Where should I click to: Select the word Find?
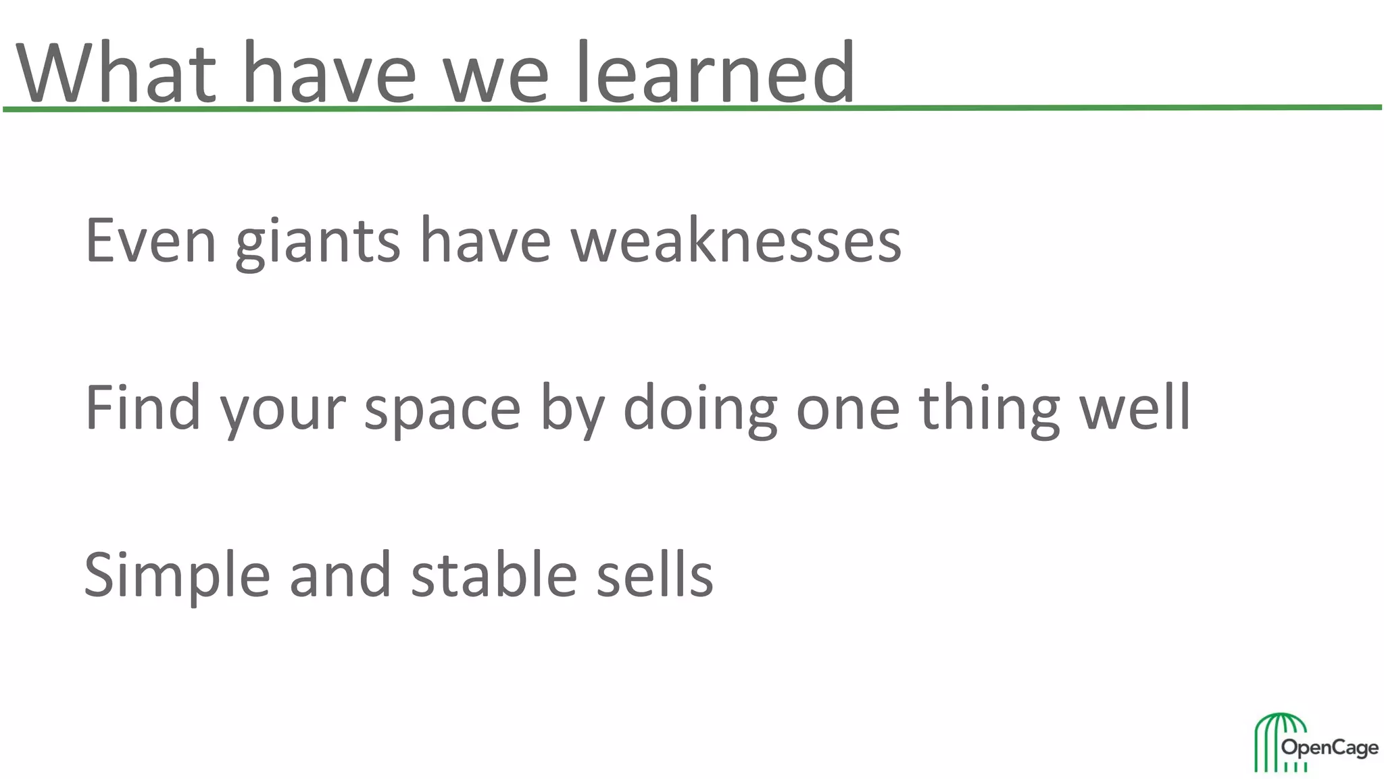pyautogui.click(x=143, y=407)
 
